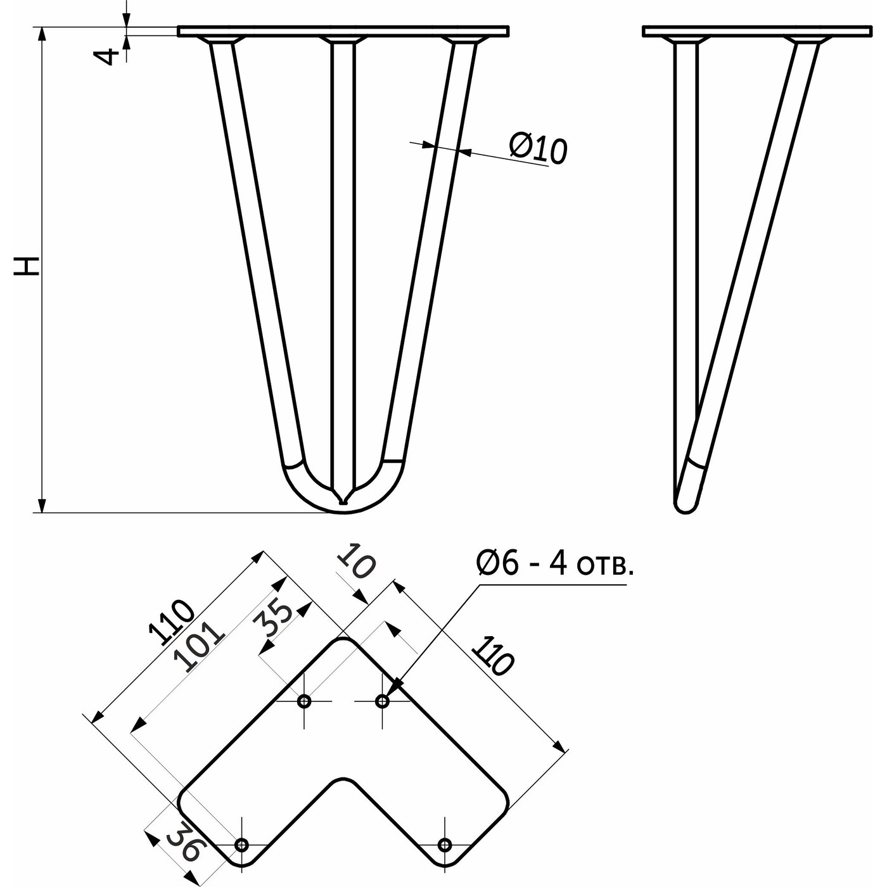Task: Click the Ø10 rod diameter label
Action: coord(538,149)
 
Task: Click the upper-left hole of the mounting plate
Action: coord(304,702)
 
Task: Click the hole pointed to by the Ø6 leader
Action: coord(382,702)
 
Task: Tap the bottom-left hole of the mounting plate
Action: coord(241,832)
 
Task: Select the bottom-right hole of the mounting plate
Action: coord(444,832)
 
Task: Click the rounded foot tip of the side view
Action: coord(686,506)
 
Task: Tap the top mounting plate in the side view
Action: coord(758,31)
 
